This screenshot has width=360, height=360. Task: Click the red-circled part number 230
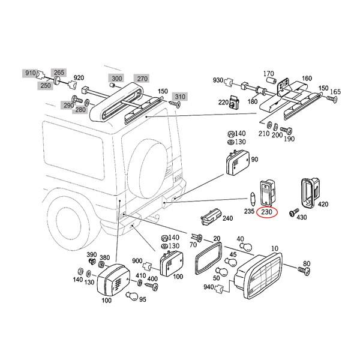click(267, 212)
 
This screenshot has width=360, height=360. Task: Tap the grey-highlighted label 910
click(31, 73)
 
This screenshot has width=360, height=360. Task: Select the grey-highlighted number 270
click(142, 79)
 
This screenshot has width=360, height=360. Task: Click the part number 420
click(323, 204)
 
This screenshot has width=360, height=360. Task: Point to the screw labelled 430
click(293, 212)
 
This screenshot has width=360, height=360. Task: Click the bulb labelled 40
click(245, 247)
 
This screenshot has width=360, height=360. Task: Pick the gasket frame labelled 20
click(208, 258)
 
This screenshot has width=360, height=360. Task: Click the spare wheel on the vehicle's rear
click(148, 169)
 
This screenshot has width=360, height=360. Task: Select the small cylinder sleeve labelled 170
click(271, 81)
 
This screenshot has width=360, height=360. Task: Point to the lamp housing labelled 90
click(238, 162)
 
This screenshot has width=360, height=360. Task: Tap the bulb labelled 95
click(132, 295)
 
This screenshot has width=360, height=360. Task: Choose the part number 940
click(208, 287)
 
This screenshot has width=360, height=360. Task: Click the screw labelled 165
click(332, 99)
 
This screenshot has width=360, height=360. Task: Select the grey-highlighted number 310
click(180, 97)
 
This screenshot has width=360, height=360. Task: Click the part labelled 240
click(211, 217)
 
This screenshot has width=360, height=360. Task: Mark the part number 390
click(92, 254)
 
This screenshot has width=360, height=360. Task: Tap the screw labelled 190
click(286, 131)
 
